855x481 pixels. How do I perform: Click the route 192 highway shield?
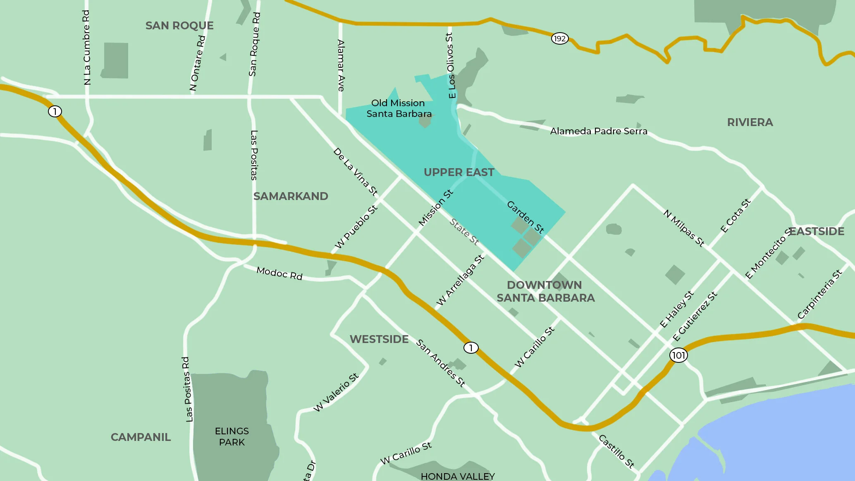[x=559, y=38]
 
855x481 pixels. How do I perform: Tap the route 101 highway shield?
[x=678, y=355]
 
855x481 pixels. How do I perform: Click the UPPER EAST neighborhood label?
[x=459, y=172]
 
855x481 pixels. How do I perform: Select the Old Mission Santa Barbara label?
[x=399, y=108]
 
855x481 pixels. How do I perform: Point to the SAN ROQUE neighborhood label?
[x=179, y=26]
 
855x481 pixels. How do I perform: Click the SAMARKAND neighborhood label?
[x=291, y=196]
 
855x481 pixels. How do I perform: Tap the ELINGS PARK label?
[x=232, y=436]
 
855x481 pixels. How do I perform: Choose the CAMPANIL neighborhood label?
[x=141, y=437]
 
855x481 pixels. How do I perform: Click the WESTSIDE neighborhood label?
[x=379, y=339]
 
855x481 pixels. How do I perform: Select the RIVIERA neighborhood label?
[x=750, y=122]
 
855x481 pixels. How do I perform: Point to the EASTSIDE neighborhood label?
[x=817, y=231]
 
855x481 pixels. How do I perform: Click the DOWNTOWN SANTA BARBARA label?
[x=545, y=291]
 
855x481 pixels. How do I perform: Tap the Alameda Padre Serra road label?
[x=598, y=131]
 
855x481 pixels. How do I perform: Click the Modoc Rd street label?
[x=279, y=273]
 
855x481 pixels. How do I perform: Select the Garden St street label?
[x=525, y=217]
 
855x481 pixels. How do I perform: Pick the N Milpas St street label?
[x=684, y=228]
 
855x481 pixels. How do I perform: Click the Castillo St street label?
[x=616, y=451]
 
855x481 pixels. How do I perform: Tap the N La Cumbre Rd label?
[x=86, y=48]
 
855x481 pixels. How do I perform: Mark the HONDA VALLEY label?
[x=457, y=476]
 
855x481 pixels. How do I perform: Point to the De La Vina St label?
[x=356, y=171]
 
